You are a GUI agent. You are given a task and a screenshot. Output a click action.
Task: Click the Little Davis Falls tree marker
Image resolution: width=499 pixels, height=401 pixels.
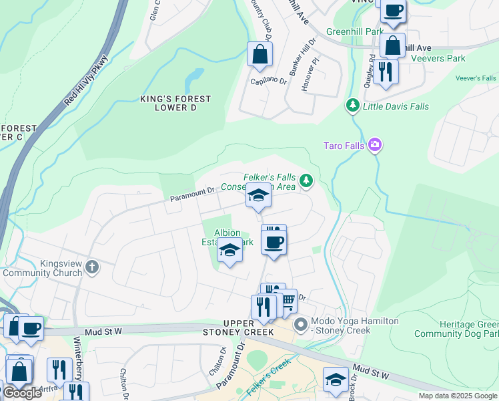pos(352,106)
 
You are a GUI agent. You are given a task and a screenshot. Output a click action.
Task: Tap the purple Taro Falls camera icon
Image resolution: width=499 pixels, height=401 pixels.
pos(374,144)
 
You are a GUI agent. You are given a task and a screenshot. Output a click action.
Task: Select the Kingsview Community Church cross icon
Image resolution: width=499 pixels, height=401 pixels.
pos(91,267)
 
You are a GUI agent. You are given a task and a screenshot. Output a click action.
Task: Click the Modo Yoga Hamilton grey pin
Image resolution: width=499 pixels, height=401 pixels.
pos(302,325)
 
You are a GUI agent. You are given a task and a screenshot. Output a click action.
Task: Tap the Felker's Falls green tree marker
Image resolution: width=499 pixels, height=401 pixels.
pos(306,180)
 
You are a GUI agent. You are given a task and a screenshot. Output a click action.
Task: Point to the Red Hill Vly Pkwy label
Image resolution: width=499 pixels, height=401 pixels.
pos(86,82)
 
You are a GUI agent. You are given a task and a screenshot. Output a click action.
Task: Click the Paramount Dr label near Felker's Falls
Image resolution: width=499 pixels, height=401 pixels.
pos(191,194)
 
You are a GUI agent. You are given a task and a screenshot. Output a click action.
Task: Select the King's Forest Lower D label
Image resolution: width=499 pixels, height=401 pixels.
pos(175,103)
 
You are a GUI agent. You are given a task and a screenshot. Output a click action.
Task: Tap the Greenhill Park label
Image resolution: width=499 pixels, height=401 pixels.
pos(354,31)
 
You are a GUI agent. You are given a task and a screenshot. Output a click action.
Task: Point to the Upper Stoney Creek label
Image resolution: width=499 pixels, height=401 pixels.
pos(239,327)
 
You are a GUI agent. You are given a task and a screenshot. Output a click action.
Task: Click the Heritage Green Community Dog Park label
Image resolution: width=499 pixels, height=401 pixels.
pos(456,329)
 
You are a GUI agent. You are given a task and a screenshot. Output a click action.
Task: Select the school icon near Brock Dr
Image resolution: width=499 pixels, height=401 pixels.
pos(336,379)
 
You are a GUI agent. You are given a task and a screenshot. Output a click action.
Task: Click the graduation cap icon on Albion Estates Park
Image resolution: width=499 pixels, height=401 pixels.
pos(229,250)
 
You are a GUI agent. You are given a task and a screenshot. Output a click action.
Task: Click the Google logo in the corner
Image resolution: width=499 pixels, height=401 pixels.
pos(22,393)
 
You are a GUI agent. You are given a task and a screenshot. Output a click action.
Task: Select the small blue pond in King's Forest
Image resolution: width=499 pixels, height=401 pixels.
pos(194,80)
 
